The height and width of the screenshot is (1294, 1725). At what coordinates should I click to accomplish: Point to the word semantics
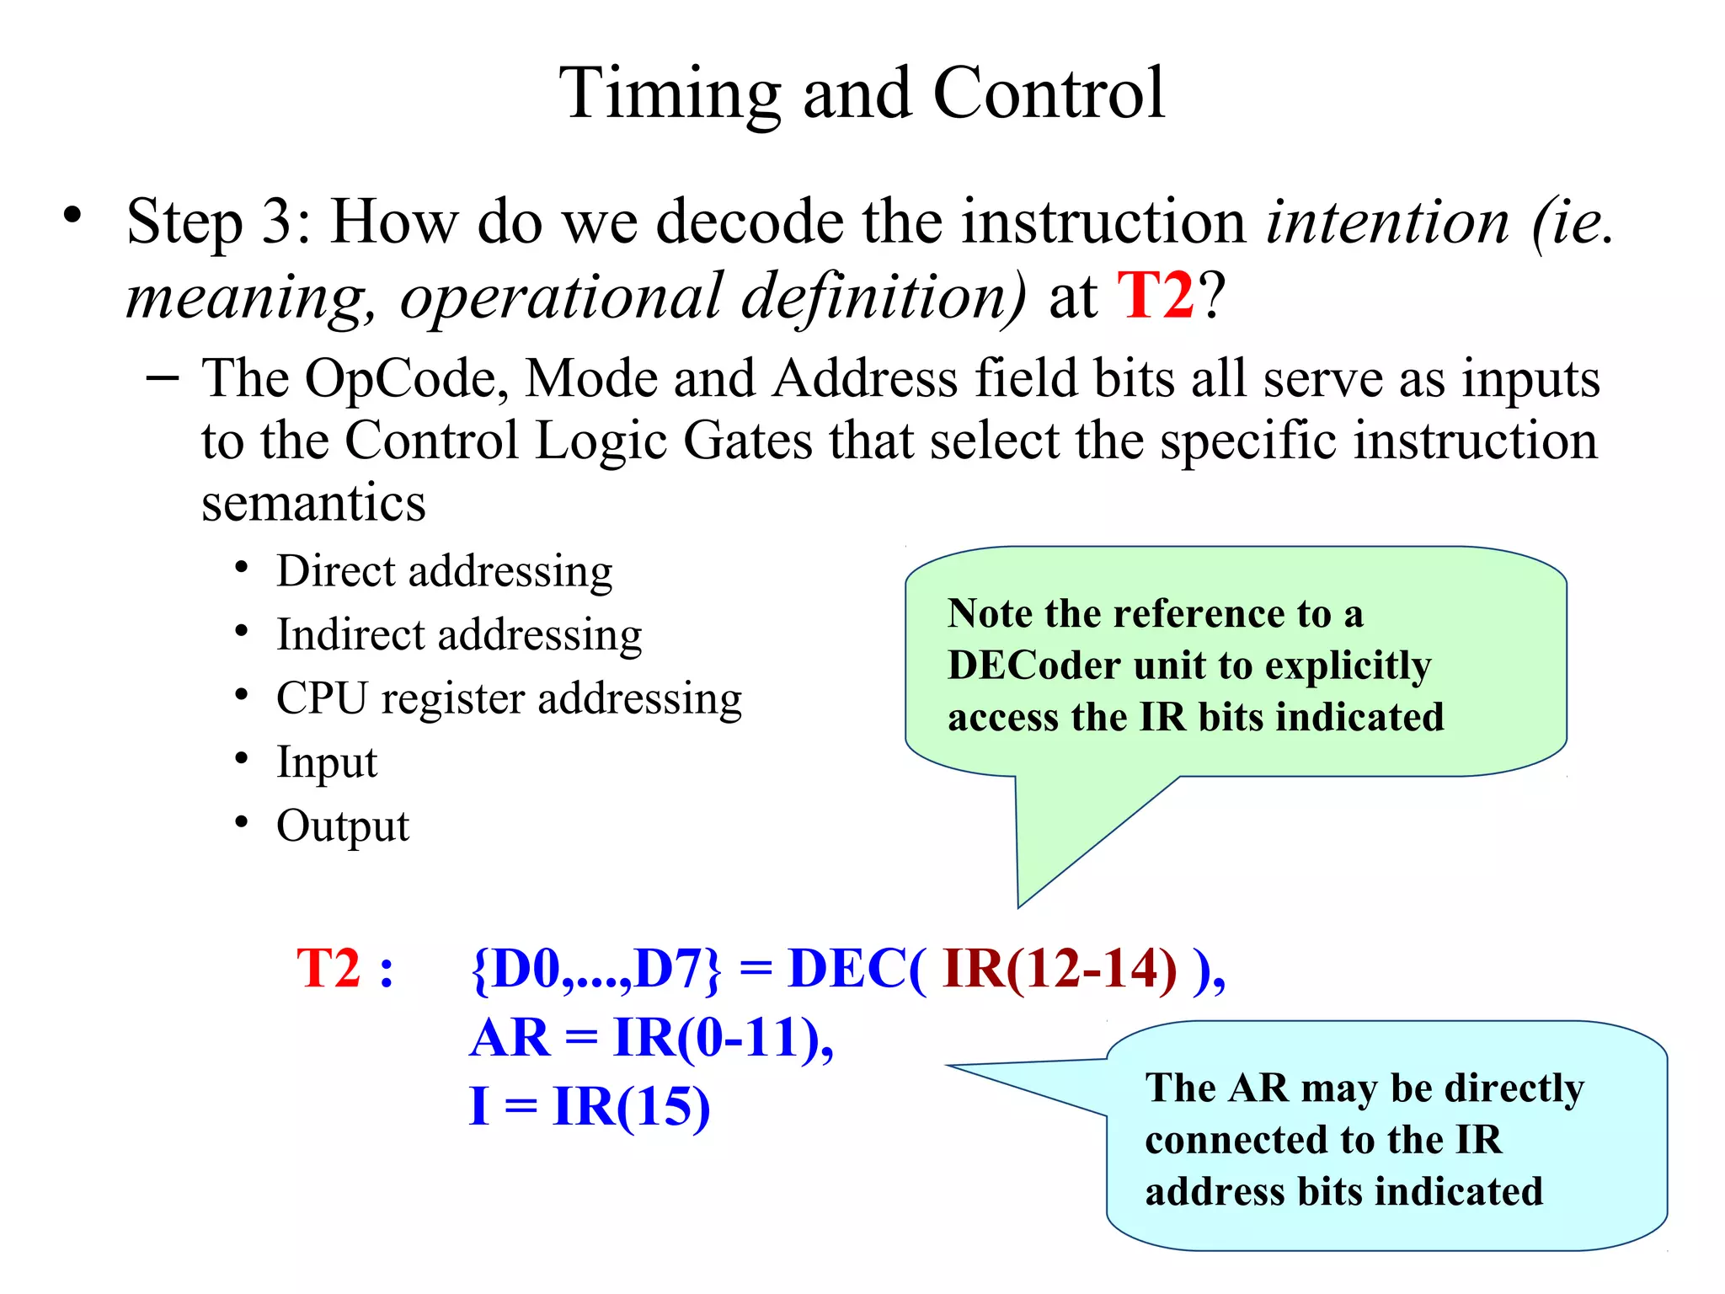(x=313, y=503)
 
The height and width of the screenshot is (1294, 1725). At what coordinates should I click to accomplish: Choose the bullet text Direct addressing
(x=444, y=572)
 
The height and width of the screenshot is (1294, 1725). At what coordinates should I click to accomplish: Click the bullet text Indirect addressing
(x=459, y=635)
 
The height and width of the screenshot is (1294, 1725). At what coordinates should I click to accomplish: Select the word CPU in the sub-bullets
(x=322, y=698)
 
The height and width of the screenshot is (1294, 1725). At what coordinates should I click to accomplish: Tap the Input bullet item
(x=327, y=762)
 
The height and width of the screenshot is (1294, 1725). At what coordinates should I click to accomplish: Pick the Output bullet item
(x=342, y=826)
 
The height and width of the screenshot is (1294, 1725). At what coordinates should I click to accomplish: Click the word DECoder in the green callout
(x=1033, y=666)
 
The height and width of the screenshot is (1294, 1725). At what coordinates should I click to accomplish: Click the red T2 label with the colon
(x=344, y=969)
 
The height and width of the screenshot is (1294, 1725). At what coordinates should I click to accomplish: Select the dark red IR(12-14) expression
(x=1060, y=969)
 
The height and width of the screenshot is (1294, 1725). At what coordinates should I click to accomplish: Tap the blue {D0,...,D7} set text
(x=596, y=969)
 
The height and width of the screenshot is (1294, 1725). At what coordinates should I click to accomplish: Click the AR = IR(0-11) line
(x=651, y=1038)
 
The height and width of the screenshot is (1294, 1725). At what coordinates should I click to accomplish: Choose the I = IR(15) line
(x=590, y=1107)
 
